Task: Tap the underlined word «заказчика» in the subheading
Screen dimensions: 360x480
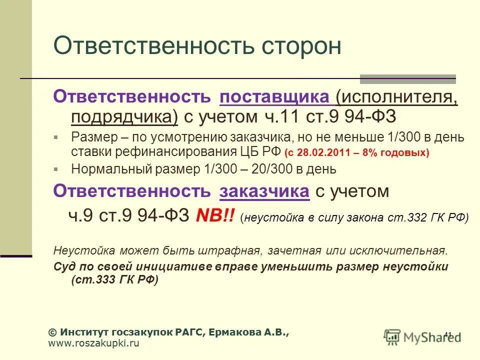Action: [264, 191]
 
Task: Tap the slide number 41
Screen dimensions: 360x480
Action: [447, 335]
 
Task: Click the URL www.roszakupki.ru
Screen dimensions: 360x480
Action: [93, 343]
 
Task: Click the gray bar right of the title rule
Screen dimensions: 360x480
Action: [408, 79]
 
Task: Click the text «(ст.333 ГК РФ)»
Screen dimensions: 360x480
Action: [114, 280]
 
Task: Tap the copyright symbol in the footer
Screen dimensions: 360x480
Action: [52, 332]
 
